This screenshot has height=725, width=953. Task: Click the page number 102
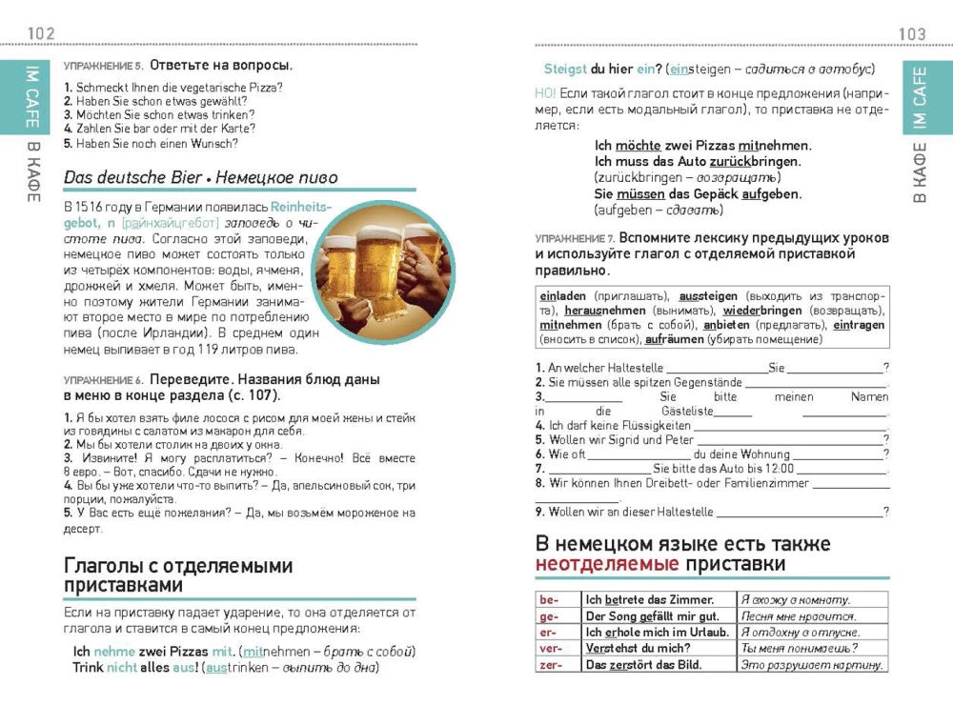[42, 34]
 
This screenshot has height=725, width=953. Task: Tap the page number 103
[912, 34]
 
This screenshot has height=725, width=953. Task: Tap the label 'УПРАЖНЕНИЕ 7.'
[575, 237]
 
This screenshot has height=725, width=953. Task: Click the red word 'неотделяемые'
[607, 565]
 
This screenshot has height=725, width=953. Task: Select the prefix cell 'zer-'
[551, 665]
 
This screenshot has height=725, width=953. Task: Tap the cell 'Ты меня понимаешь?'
[799, 649]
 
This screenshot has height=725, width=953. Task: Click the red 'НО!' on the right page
[545, 93]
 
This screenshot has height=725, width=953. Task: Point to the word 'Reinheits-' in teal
[300, 207]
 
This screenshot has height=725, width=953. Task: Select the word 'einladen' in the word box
[563, 296]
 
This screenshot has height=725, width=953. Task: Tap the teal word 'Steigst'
[565, 70]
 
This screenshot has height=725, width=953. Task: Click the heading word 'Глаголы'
[106, 566]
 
